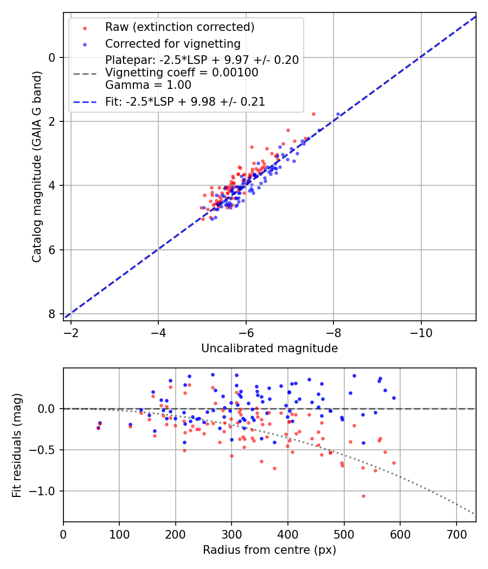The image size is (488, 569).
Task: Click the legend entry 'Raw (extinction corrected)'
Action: pyautogui.click(x=179, y=27)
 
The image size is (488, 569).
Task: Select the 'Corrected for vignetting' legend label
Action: pyautogui.click(x=172, y=43)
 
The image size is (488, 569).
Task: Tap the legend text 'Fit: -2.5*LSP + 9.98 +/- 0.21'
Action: pyautogui.click(x=185, y=101)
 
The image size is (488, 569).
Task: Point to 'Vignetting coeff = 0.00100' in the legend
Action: pyautogui.click(x=182, y=73)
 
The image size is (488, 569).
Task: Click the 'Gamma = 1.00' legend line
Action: pyautogui.click(x=148, y=85)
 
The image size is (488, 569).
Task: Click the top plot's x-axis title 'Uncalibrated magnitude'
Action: pyautogui.click(x=269, y=348)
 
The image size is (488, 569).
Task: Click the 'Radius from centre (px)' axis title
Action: pyautogui.click(x=269, y=550)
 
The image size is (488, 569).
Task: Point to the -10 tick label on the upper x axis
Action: pyautogui.click(x=421, y=332)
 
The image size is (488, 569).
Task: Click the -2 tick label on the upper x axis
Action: pyautogui.click(x=70, y=332)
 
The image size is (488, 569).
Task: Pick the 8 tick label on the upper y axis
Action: pyautogui.click(x=52, y=314)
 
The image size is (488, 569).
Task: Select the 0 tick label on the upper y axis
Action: pyautogui.click(x=52, y=57)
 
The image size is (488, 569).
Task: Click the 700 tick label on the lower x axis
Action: pyautogui.click(x=456, y=534)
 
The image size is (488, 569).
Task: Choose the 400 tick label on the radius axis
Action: pyautogui.click(x=288, y=534)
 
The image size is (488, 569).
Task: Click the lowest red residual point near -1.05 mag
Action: pyautogui.click(x=363, y=496)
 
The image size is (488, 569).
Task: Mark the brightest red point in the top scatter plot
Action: pyautogui.click(x=313, y=114)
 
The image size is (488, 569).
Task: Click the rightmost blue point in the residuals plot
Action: pyautogui.click(x=394, y=398)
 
